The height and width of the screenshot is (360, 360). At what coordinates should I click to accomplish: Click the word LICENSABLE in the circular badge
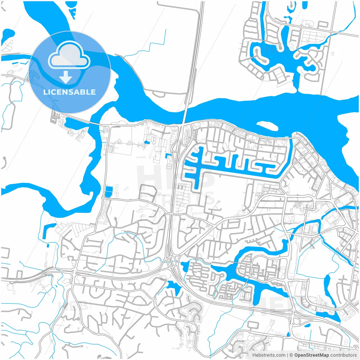(x=69, y=92)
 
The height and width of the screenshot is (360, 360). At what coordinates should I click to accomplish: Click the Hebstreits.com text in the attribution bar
(x=269, y=355)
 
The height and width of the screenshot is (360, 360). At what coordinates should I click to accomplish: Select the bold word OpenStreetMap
(x=311, y=355)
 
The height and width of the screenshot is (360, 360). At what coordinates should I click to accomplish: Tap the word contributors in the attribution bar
(x=343, y=355)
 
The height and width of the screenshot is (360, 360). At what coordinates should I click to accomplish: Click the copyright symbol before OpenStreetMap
(x=291, y=355)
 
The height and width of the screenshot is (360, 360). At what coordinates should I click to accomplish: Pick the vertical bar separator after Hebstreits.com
(x=287, y=355)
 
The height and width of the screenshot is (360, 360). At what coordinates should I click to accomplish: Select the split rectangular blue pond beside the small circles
(x=108, y=192)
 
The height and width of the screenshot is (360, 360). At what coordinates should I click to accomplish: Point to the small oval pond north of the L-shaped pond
(x=147, y=142)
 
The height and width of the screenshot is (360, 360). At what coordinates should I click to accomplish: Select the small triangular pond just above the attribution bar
(x=288, y=334)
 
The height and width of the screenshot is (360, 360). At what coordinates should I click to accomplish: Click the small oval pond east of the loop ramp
(x=307, y=325)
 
